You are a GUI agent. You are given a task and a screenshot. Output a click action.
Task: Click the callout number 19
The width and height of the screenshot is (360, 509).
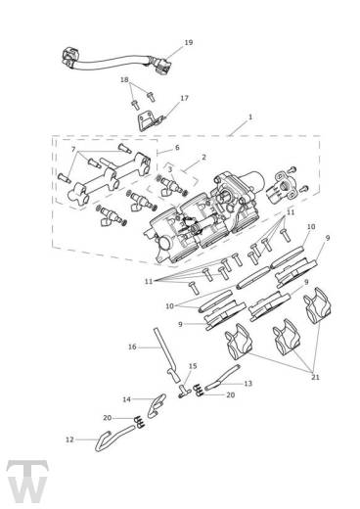[x=188, y=43]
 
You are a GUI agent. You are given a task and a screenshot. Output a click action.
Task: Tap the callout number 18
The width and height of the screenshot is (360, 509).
[x=124, y=79]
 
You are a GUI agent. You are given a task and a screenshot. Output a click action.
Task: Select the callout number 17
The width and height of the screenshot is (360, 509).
[x=184, y=98]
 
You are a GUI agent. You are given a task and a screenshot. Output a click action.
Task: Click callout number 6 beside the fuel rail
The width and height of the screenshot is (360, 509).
[x=177, y=148]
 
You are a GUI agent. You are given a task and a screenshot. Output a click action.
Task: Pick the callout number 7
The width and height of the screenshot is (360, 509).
[x=73, y=149]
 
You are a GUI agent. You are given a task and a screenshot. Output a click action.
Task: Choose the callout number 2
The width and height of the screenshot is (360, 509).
[x=203, y=157]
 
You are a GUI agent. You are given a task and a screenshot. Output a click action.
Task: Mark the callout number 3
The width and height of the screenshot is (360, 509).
[x=169, y=169]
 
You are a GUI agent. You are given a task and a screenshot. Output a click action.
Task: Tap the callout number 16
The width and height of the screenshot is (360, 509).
[x=132, y=347]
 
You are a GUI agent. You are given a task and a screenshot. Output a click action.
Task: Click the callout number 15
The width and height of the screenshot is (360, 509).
[x=192, y=366]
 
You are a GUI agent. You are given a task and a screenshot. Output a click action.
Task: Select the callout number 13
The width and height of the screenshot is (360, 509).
[x=247, y=384]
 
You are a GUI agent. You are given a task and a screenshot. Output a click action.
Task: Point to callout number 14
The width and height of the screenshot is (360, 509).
[x=126, y=399]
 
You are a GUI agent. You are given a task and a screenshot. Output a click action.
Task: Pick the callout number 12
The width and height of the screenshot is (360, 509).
[x=69, y=440]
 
